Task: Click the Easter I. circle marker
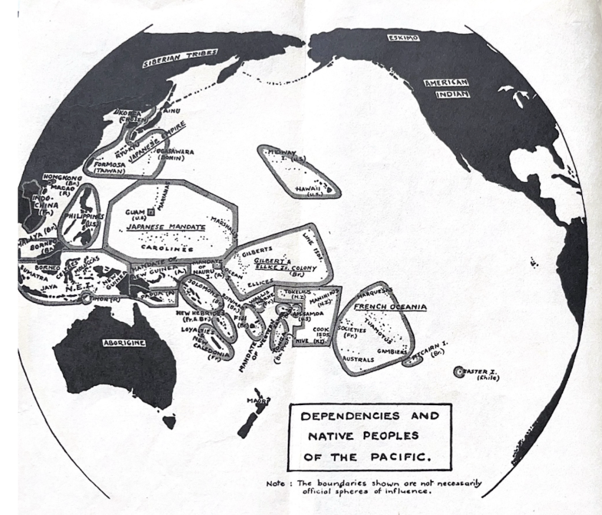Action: coord(459,371)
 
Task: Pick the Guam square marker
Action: coord(150,210)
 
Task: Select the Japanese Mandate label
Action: coord(167,228)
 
